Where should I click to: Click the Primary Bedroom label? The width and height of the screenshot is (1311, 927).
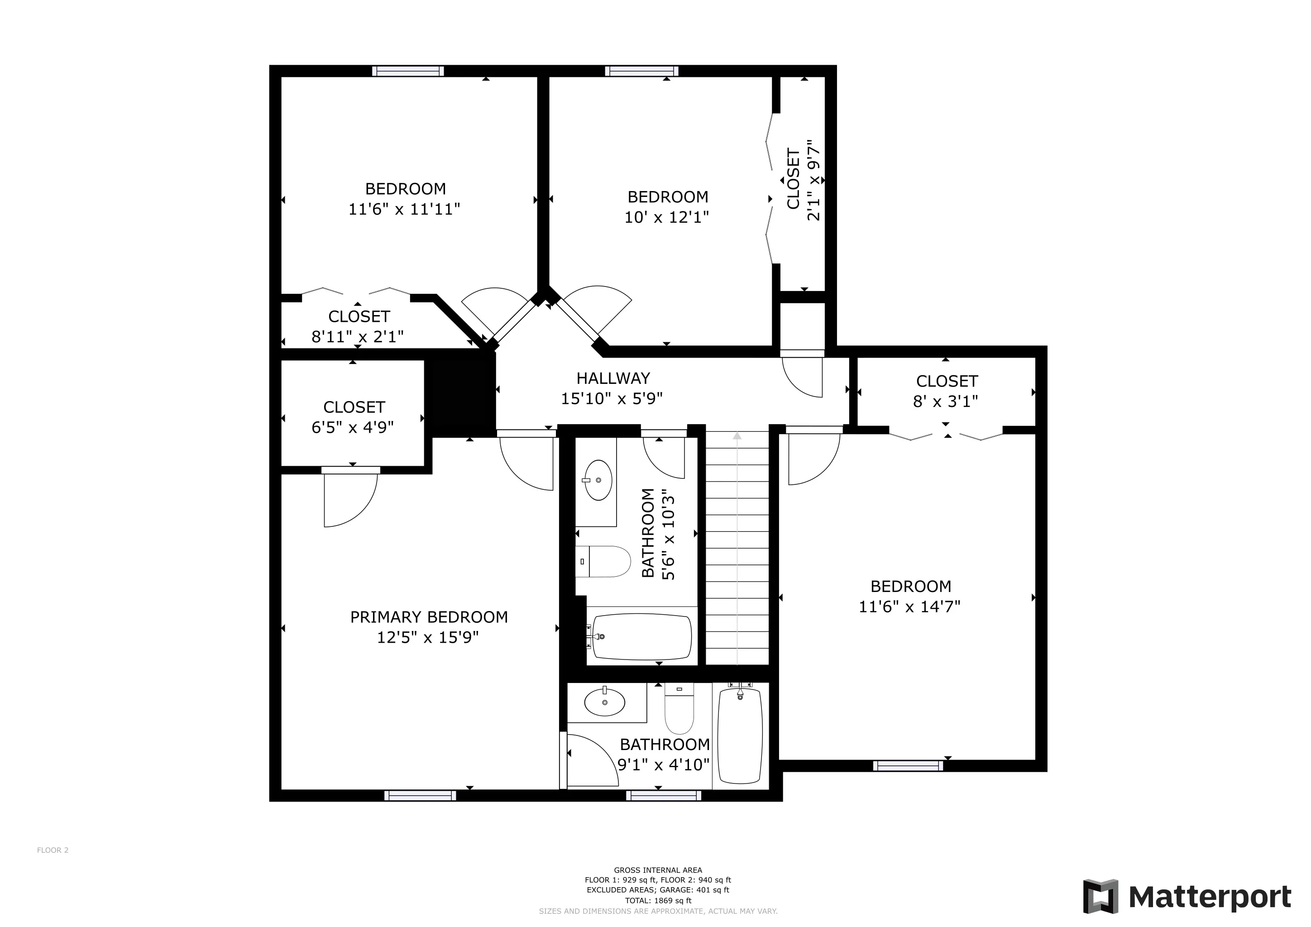click(x=429, y=617)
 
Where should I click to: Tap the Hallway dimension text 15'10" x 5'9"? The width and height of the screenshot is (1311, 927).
click(x=612, y=398)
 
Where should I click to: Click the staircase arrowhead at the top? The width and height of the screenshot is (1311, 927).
click(x=737, y=436)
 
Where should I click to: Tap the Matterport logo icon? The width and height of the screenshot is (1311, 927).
click(x=1101, y=896)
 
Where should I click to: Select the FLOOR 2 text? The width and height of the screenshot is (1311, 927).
click(x=53, y=850)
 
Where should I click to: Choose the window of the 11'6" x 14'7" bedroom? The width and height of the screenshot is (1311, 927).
click(x=908, y=765)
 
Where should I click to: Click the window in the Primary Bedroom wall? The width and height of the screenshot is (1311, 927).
click(x=420, y=795)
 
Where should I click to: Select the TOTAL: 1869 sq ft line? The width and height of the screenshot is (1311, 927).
click(x=658, y=901)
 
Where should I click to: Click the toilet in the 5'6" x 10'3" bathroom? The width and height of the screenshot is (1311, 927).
click(x=603, y=562)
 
